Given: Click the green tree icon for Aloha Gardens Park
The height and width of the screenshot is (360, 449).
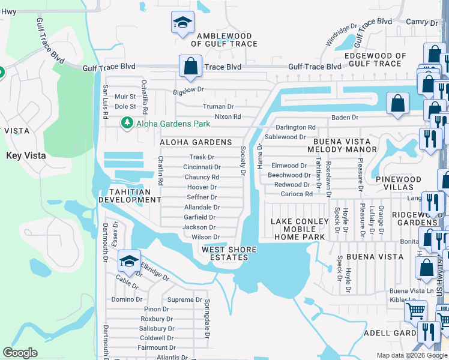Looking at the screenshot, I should [x=127, y=123].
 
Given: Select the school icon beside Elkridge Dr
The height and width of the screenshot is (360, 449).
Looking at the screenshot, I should [x=129, y=262].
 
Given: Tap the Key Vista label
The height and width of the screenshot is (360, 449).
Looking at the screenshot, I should [x=26, y=155].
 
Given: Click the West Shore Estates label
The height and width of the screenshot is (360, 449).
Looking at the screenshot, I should [x=229, y=253].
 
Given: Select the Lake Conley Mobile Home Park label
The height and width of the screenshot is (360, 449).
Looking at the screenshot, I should [x=300, y=229].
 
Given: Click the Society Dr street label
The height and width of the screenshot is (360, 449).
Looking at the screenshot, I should [x=243, y=161].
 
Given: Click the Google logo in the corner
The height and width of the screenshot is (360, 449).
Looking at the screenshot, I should [x=20, y=353].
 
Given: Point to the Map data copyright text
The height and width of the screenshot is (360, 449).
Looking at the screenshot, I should [x=412, y=355].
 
